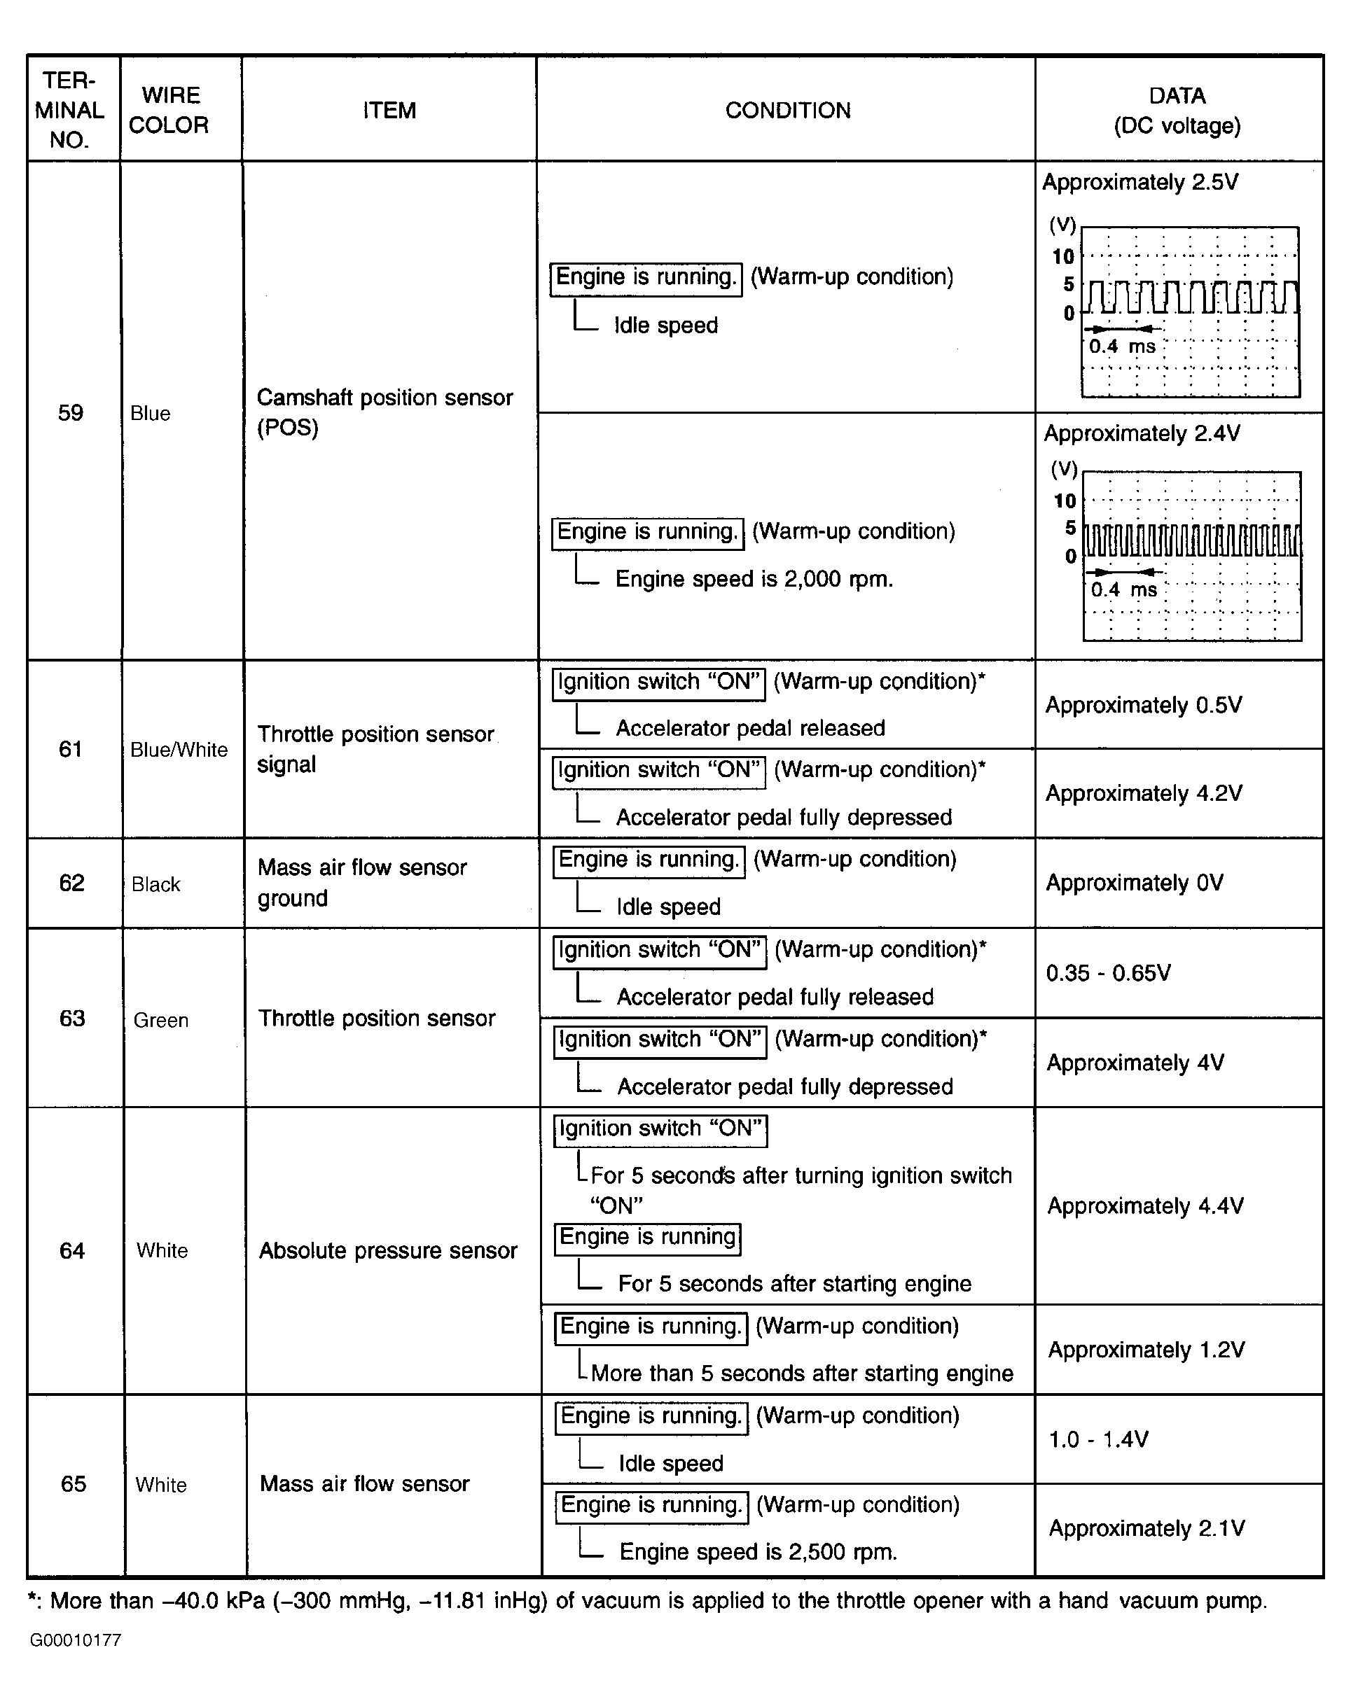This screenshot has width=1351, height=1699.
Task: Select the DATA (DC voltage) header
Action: [1177, 111]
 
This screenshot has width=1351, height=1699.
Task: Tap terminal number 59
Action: [71, 412]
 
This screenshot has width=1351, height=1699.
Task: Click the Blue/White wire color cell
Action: [179, 750]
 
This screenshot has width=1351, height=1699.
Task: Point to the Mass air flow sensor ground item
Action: [362, 883]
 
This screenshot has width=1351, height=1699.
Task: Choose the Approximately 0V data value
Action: [1135, 883]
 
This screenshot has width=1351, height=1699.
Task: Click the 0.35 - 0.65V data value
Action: [1108, 973]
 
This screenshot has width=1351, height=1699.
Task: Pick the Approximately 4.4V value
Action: [1145, 1205]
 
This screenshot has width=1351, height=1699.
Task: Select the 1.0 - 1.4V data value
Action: [1098, 1440]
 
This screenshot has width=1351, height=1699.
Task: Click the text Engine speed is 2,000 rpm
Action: [754, 579]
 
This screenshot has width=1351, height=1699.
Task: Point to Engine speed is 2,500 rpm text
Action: [758, 1551]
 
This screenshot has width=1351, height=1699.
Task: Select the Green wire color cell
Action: [161, 1021]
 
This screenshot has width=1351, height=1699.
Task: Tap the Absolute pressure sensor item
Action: [388, 1250]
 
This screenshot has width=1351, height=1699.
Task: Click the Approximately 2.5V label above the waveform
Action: [1139, 182]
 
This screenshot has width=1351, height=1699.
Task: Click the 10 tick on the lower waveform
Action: [1065, 501]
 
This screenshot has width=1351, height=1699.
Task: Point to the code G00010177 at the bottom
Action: [76, 1641]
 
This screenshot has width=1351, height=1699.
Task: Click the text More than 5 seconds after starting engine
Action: [802, 1373]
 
